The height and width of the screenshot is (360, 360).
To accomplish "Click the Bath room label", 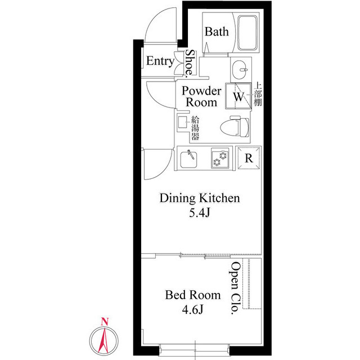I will (217, 31).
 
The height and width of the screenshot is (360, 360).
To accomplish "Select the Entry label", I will (160, 61).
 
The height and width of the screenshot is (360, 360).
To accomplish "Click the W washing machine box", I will (238, 96).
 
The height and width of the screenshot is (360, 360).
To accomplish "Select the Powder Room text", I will (201, 97).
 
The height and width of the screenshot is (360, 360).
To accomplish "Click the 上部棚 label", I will (258, 95).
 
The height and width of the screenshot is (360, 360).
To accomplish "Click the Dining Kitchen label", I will (200, 198).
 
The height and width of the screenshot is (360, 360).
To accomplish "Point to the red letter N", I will (105, 322).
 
